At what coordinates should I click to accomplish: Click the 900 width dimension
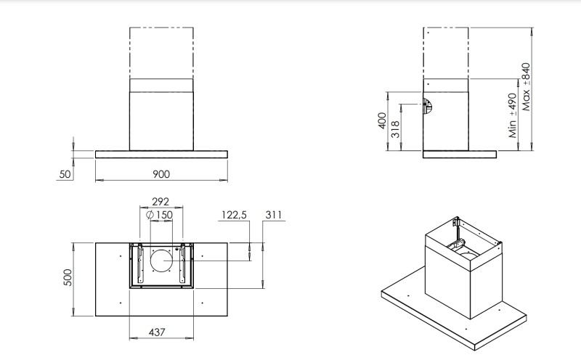[161, 173]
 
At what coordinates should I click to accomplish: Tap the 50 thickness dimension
[65, 174]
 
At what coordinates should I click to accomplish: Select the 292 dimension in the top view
[161, 202]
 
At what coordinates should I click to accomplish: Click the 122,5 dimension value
[234, 215]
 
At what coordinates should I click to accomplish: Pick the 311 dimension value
[274, 215]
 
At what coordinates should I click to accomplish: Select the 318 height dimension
[396, 128]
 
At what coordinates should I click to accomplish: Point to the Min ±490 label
[512, 115]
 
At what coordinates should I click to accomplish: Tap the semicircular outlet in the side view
[428, 107]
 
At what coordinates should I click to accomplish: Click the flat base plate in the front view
[161, 154]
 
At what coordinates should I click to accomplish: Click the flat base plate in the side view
[459, 154]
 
